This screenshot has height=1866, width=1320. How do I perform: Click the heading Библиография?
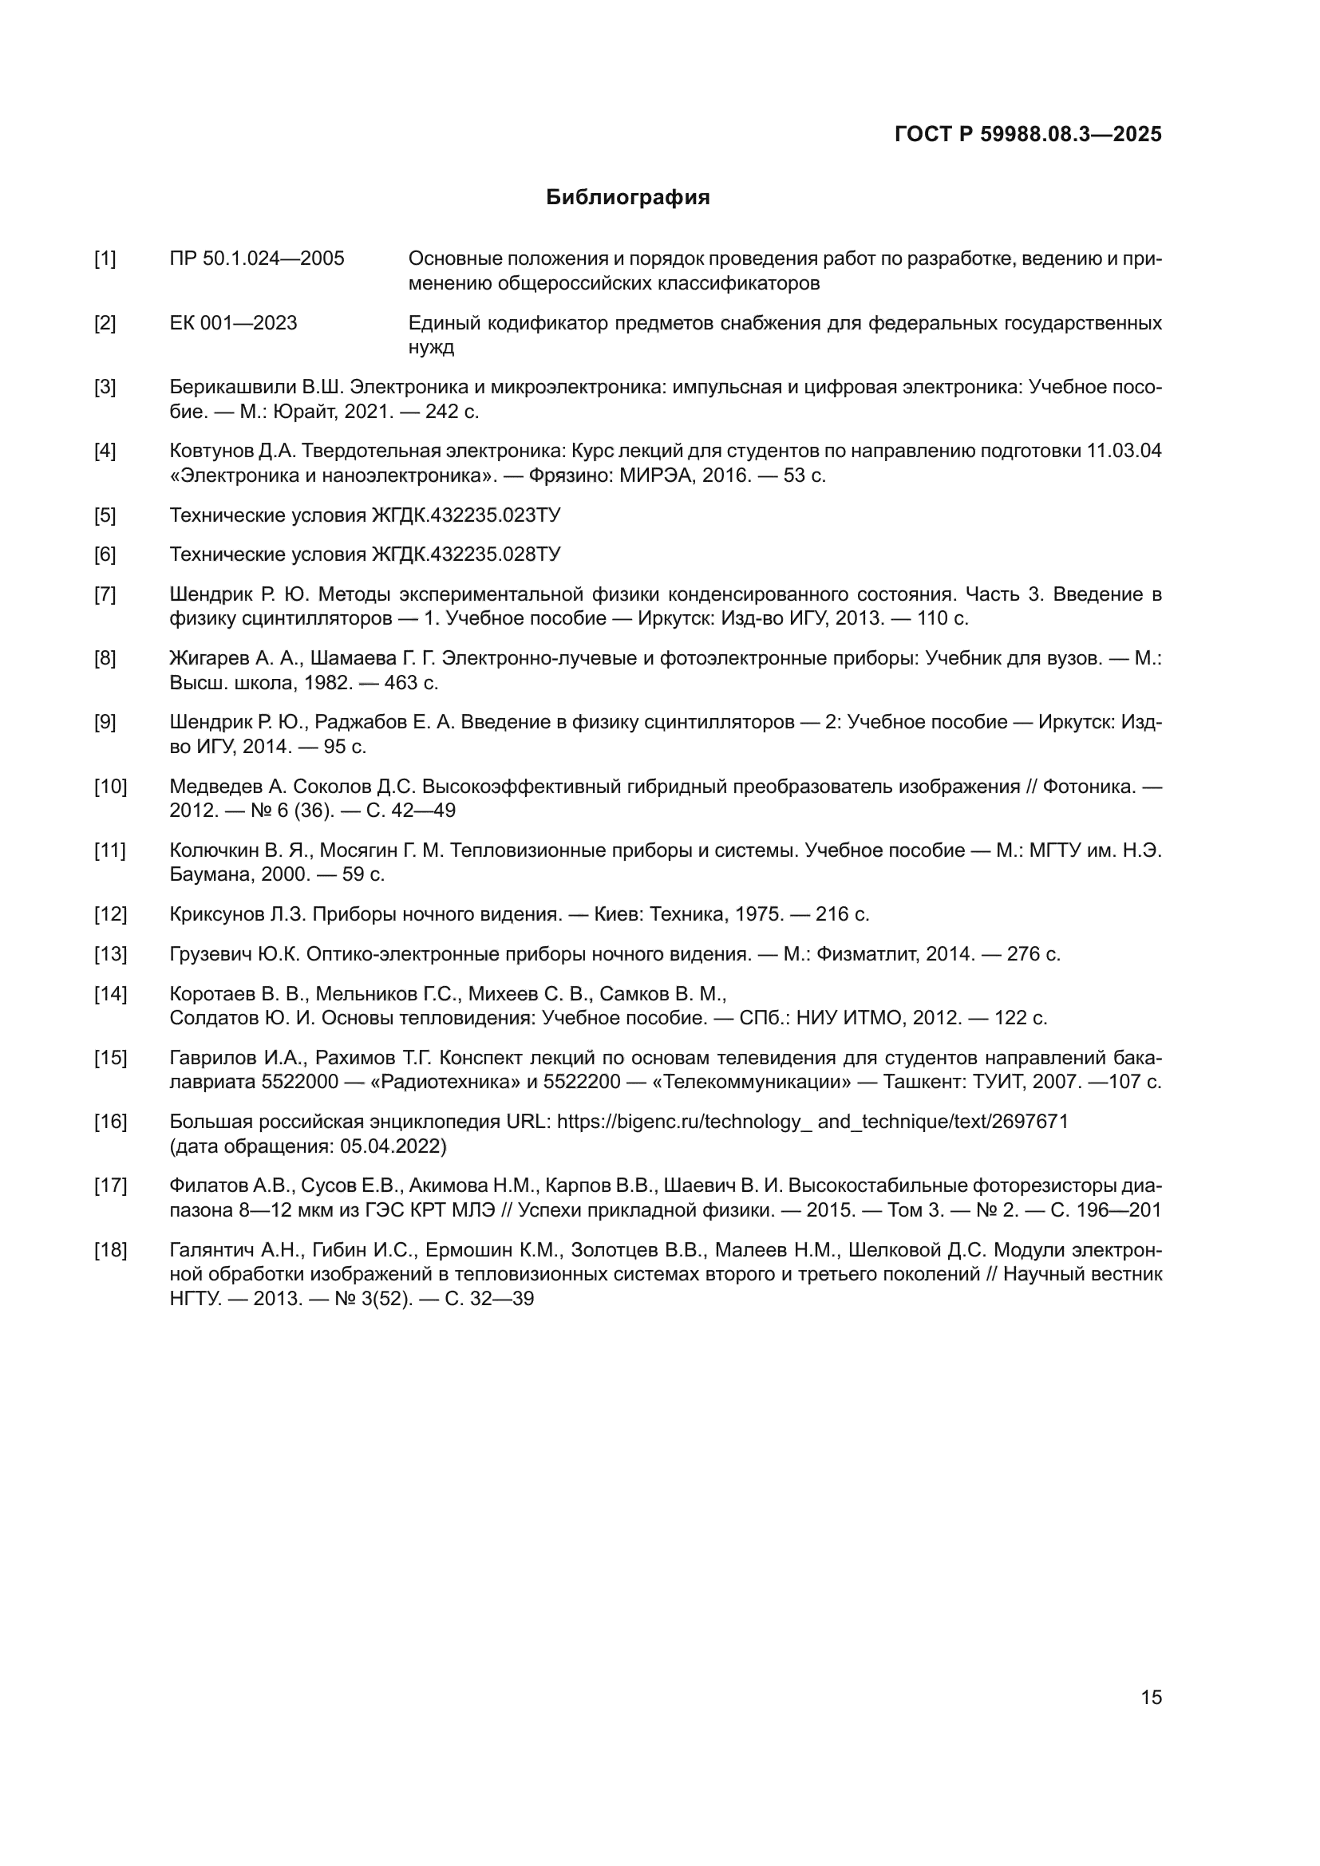point(627,198)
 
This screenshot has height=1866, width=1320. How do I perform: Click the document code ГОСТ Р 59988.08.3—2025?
point(1027,134)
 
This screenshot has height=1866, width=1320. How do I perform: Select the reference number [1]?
point(105,259)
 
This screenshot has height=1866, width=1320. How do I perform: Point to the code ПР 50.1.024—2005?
point(257,259)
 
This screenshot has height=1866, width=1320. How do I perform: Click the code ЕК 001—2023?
point(233,323)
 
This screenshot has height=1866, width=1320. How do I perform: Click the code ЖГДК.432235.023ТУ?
point(466,515)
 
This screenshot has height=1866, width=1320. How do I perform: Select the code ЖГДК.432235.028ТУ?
point(466,555)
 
